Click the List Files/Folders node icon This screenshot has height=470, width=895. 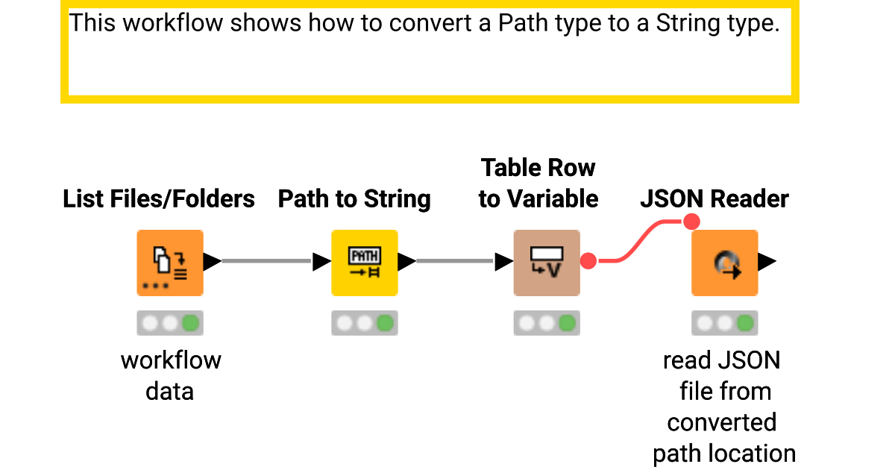[170, 263]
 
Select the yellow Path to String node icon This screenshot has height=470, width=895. [365, 263]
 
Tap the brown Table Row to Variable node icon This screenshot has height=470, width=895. [547, 263]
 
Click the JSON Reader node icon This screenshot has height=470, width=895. [724, 263]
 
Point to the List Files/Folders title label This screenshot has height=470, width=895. [159, 199]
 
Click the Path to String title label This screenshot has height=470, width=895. [354, 199]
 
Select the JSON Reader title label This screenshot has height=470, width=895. [715, 199]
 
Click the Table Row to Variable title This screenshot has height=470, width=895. [538, 183]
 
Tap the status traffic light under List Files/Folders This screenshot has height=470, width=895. [170, 323]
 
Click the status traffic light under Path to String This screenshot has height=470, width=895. [365, 323]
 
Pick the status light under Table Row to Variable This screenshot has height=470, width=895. [547, 323]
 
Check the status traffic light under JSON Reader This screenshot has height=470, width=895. [724, 323]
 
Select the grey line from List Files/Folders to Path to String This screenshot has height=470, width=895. [266, 261]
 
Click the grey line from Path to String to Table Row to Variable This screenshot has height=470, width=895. [454, 261]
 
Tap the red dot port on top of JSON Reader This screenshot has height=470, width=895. [691, 222]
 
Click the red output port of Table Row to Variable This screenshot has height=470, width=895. [588, 261]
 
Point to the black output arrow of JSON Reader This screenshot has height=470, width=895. [767, 261]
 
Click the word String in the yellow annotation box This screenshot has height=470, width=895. [688, 23]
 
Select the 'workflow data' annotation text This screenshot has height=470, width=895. [171, 375]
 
